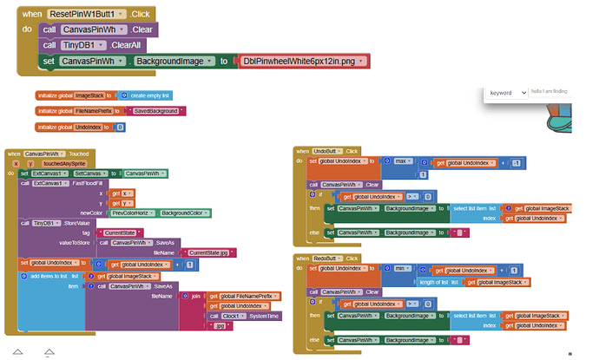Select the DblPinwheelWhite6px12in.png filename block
coord(304,61)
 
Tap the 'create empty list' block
coord(148,95)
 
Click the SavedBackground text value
coord(156,111)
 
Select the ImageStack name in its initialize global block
coord(90,95)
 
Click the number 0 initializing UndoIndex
coord(120,127)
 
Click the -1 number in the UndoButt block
coord(516,162)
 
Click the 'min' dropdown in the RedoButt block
coord(403,269)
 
